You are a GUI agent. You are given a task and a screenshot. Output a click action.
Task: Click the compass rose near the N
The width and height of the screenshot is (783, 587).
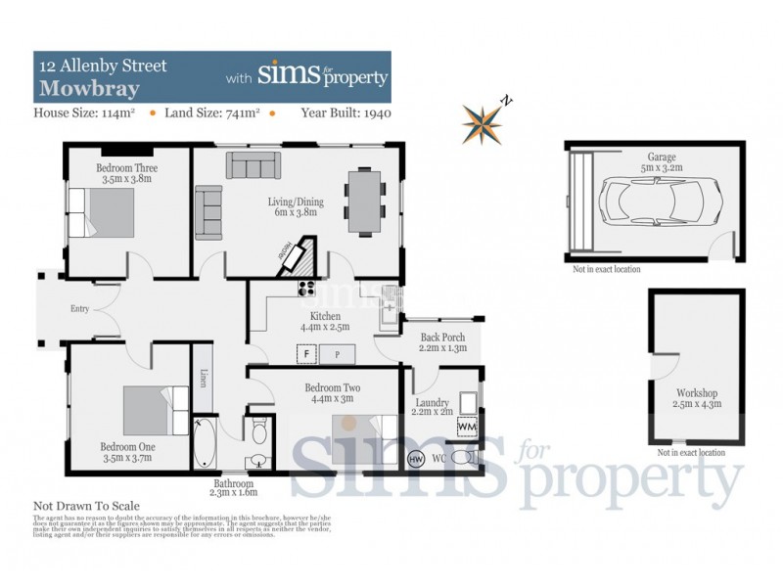point(484,122)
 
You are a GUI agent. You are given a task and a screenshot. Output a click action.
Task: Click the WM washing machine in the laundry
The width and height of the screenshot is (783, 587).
point(467,427)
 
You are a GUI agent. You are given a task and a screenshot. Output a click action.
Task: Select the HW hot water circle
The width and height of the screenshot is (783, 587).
point(415,459)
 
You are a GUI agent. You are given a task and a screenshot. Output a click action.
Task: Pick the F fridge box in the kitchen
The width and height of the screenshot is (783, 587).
point(306,353)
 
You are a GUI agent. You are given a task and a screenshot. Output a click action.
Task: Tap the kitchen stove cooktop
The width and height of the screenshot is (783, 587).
point(305,288)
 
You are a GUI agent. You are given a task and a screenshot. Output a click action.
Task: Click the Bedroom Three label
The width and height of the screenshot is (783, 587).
point(126,168)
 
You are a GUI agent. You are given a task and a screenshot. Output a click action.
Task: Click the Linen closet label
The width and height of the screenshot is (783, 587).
point(203,378)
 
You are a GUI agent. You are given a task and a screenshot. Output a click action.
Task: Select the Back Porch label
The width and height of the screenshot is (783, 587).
point(442,337)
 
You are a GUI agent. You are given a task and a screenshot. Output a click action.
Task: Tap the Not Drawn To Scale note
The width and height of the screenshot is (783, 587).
point(87,506)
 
